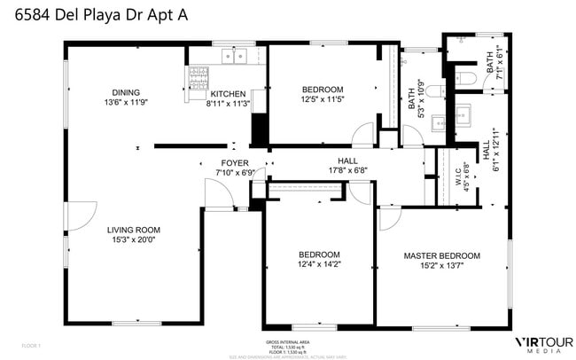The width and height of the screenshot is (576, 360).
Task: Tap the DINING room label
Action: click(126, 92)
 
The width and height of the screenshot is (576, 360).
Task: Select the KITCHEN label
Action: click(228, 94)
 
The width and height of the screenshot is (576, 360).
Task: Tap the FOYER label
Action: click(235, 163)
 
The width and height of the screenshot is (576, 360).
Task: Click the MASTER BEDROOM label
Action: click(440, 254)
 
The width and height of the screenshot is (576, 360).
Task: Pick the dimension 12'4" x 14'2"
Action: click(318, 263)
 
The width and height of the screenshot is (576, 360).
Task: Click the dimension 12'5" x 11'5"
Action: click(322, 99)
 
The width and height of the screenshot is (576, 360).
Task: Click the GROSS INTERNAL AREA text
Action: click(287, 341)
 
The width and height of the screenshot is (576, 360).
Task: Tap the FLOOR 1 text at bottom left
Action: click(31, 344)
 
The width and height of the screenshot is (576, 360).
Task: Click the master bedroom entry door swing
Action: click(390, 219)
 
